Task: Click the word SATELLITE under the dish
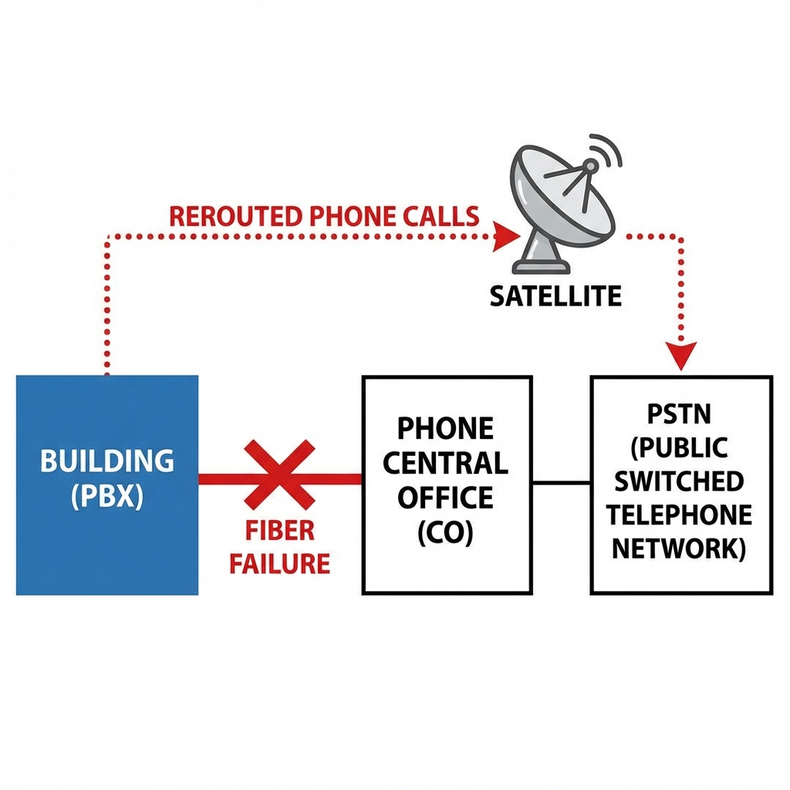tap(555, 295)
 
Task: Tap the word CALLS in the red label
tap(438, 216)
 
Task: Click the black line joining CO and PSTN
tap(562, 483)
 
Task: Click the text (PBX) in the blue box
tap(106, 496)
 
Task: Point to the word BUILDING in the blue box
tap(106, 461)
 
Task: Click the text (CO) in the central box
tap(447, 534)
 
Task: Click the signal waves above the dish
tap(608, 151)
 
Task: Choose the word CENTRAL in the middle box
tap(447, 463)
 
